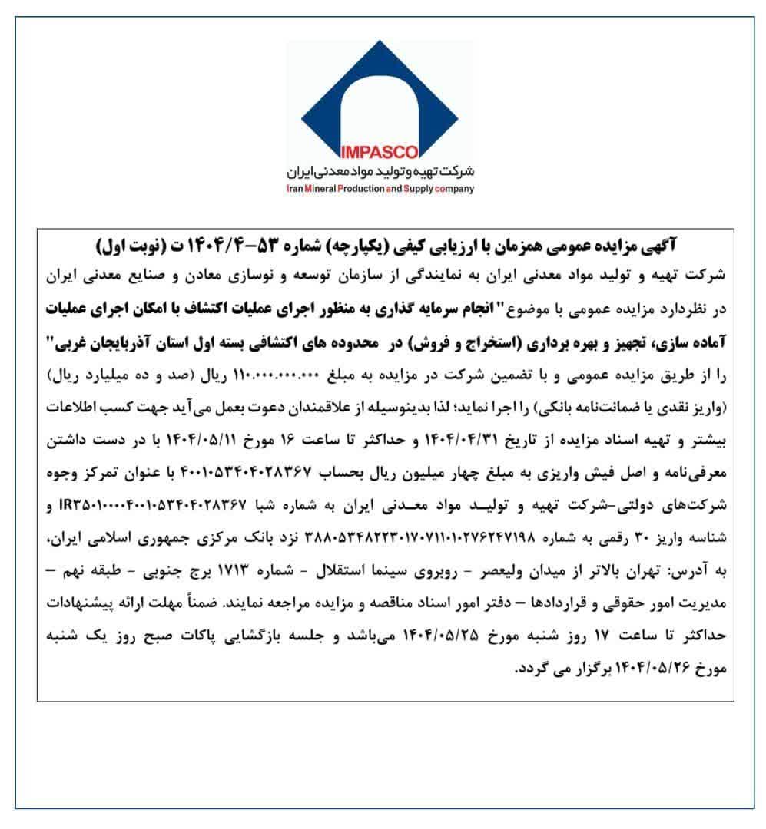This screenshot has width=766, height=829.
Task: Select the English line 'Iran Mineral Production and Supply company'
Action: click(x=382, y=189)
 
